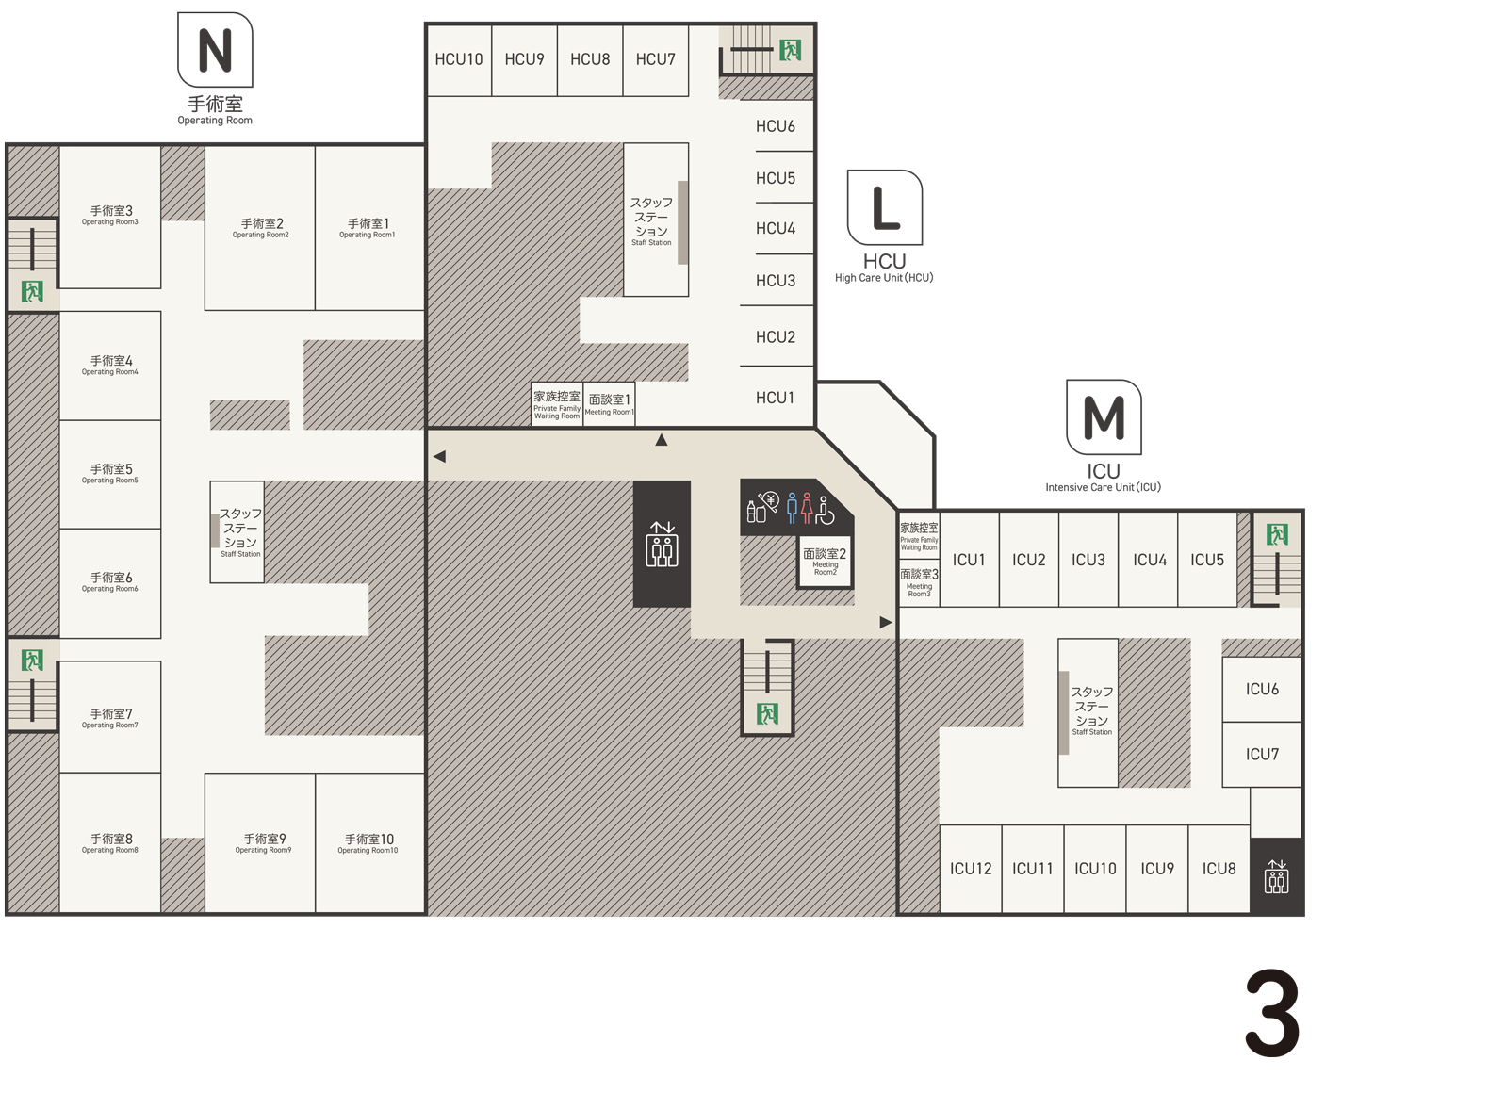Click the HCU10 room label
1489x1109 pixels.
pyautogui.click(x=459, y=59)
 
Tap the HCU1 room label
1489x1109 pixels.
pyautogui.click(x=775, y=398)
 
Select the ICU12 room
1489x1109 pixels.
pyautogui.click(x=970, y=868)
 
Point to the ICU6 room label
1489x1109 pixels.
pyautogui.click(x=1262, y=689)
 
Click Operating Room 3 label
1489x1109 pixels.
pyautogui.click(x=111, y=215)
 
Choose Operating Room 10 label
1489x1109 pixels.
pyautogui.click(x=368, y=843)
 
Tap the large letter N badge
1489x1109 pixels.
pyautogui.click(x=215, y=50)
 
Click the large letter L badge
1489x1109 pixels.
pyautogui.click(x=884, y=207)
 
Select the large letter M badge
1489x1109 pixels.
pyautogui.click(x=1104, y=416)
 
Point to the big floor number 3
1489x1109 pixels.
pyautogui.click(x=1272, y=1013)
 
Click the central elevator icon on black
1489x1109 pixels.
pyautogui.click(x=662, y=545)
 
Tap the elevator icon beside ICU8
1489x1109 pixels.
pyautogui.click(x=1276, y=876)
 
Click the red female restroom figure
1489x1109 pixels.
pyautogui.click(x=807, y=508)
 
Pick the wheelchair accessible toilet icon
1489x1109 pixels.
pyautogui.click(x=825, y=510)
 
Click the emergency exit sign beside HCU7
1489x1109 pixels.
pyautogui.click(x=790, y=50)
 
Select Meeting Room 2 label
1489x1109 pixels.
pyautogui.click(x=825, y=560)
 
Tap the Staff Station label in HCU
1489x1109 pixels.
pyautogui.click(x=651, y=220)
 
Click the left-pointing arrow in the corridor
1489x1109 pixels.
pyautogui.click(x=440, y=456)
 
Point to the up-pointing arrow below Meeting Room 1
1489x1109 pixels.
pyautogui.click(x=662, y=440)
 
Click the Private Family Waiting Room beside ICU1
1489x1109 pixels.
pyautogui.click(x=918, y=536)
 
